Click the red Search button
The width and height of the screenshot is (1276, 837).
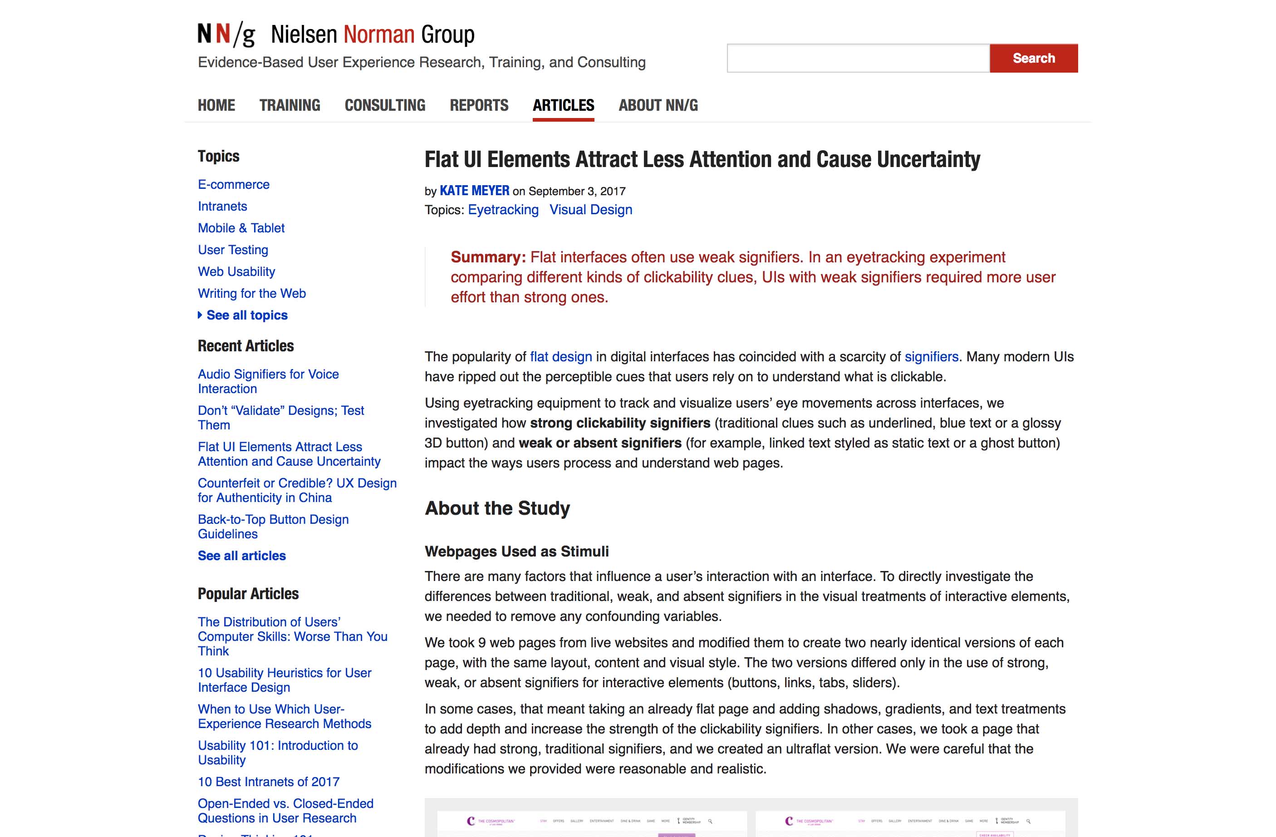(1033, 58)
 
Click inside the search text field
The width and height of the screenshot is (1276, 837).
(858, 58)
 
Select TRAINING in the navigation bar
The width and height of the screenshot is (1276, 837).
(290, 105)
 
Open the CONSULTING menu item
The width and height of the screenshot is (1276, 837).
(384, 105)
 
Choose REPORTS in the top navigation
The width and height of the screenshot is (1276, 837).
(479, 105)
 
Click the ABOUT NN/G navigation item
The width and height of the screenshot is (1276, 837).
(658, 105)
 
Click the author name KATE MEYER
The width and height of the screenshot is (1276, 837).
(474, 191)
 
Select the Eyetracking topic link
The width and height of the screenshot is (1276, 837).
(503, 210)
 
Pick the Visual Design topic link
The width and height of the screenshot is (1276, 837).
(590, 210)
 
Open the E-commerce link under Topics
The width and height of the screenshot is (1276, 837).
(233, 184)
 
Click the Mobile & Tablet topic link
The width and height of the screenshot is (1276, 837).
(240, 228)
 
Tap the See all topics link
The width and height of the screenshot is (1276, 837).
(246, 315)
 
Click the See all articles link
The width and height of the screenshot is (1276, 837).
(241, 556)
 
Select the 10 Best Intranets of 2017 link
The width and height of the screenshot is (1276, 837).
(268, 782)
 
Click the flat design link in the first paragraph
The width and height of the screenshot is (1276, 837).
(561, 357)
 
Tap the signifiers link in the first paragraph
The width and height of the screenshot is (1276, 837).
(931, 357)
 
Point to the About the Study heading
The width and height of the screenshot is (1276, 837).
(497, 508)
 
